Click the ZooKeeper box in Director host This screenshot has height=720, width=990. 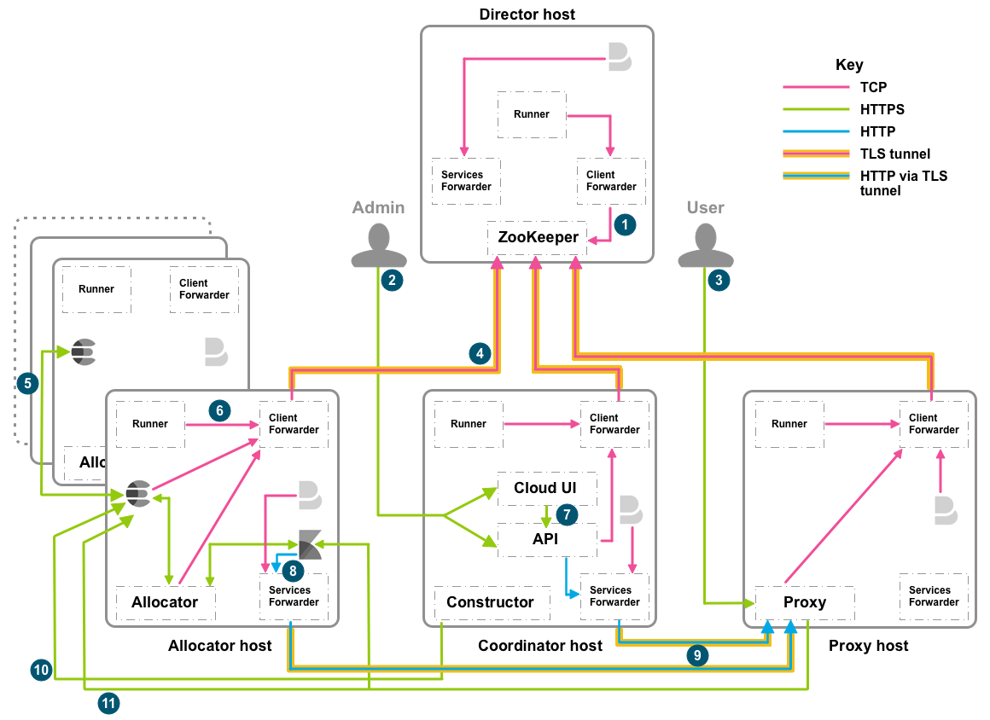pos(538,237)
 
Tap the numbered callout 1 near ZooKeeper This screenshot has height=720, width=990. pos(625,225)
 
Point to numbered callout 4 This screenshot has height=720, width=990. pos(480,352)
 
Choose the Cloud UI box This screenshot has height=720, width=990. pos(546,488)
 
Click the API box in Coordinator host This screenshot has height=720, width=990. pos(546,539)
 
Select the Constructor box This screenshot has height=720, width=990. pos(490,602)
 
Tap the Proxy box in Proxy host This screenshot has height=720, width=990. pos(805,602)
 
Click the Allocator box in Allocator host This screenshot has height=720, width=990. pos(165,602)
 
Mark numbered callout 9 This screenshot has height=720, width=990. pos(697,655)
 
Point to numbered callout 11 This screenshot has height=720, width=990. pos(108,703)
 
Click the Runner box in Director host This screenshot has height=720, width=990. pos(532,114)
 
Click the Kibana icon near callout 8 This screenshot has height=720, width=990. pos(310,544)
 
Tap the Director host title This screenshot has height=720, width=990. pos(527,15)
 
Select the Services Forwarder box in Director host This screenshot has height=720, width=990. pos(465,181)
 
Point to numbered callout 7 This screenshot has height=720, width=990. pos(566,514)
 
